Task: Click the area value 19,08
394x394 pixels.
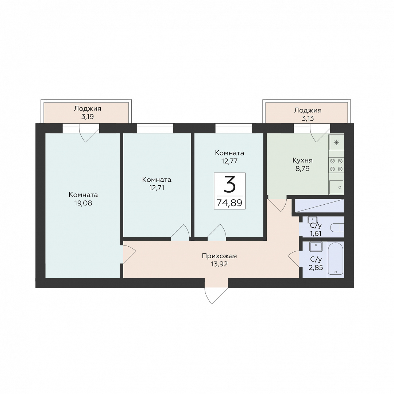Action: tap(83, 203)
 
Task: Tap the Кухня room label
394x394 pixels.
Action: tap(302, 160)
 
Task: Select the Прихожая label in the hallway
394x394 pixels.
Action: tap(219, 256)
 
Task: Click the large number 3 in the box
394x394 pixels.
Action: tap(229, 184)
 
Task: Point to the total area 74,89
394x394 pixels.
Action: tap(229, 202)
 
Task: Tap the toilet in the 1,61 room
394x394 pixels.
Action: tap(337, 228)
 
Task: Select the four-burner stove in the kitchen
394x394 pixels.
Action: tap(336, 165)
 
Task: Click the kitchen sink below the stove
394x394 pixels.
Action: tap(336, 187)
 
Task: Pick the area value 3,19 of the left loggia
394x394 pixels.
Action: tap(88, 117)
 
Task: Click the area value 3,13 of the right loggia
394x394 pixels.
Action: tap(308, 118)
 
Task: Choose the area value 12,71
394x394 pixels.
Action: tap(157, 188)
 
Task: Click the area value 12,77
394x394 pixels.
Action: tap(229, 161)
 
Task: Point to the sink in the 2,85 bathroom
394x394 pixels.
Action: tap(316, 247)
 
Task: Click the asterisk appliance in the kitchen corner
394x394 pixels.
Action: tap(336, 143)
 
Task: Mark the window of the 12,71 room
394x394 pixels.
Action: tap(155, 128)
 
